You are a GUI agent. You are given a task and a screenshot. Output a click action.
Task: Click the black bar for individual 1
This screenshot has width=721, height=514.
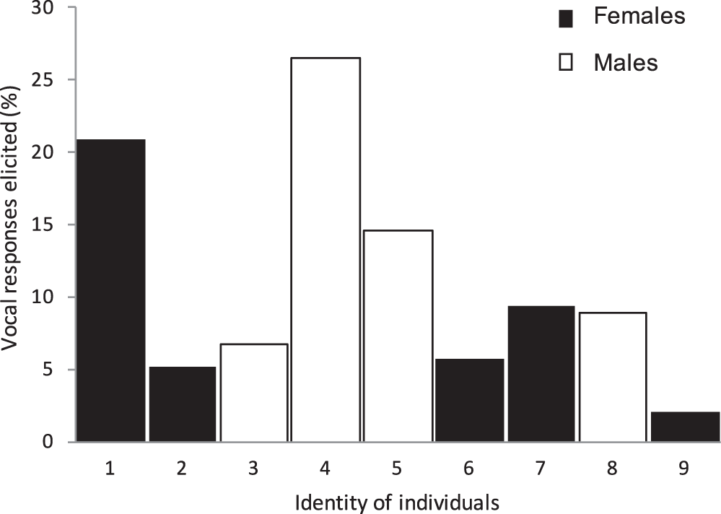111,289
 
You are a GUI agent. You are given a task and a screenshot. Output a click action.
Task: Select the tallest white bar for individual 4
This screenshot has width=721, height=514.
325,249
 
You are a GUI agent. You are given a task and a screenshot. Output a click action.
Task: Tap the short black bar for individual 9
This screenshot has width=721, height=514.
685,426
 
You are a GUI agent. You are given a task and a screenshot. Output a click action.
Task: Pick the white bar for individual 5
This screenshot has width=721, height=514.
398,336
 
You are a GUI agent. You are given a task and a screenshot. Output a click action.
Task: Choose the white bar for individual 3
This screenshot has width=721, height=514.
254,392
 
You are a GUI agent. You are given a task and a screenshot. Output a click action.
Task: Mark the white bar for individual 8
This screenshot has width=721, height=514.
613,376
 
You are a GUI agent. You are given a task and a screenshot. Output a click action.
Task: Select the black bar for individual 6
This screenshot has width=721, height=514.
469,400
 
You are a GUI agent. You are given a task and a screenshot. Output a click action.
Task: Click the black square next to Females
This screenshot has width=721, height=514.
566,19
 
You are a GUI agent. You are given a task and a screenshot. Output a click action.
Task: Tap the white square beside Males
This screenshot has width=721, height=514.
566,63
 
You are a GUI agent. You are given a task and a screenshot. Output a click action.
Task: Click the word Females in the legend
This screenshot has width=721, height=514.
639,16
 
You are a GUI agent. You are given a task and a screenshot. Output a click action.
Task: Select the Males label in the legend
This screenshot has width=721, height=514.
626,63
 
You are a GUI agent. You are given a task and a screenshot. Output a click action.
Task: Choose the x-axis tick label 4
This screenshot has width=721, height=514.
325,468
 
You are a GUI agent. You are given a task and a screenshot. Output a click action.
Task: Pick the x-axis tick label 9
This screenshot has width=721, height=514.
684,468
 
